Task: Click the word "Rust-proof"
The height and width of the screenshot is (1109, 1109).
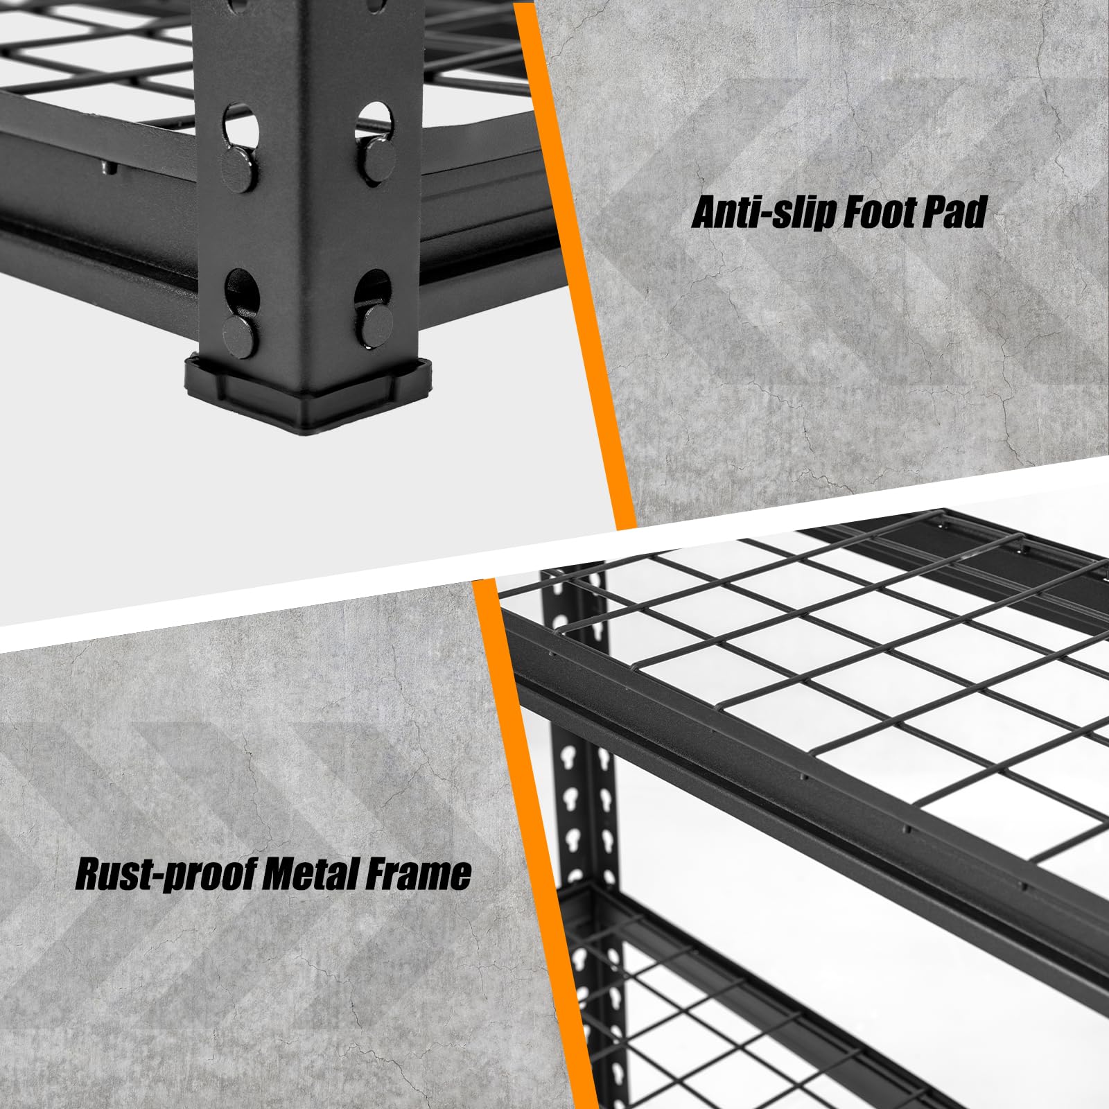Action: (x=159, y=875)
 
